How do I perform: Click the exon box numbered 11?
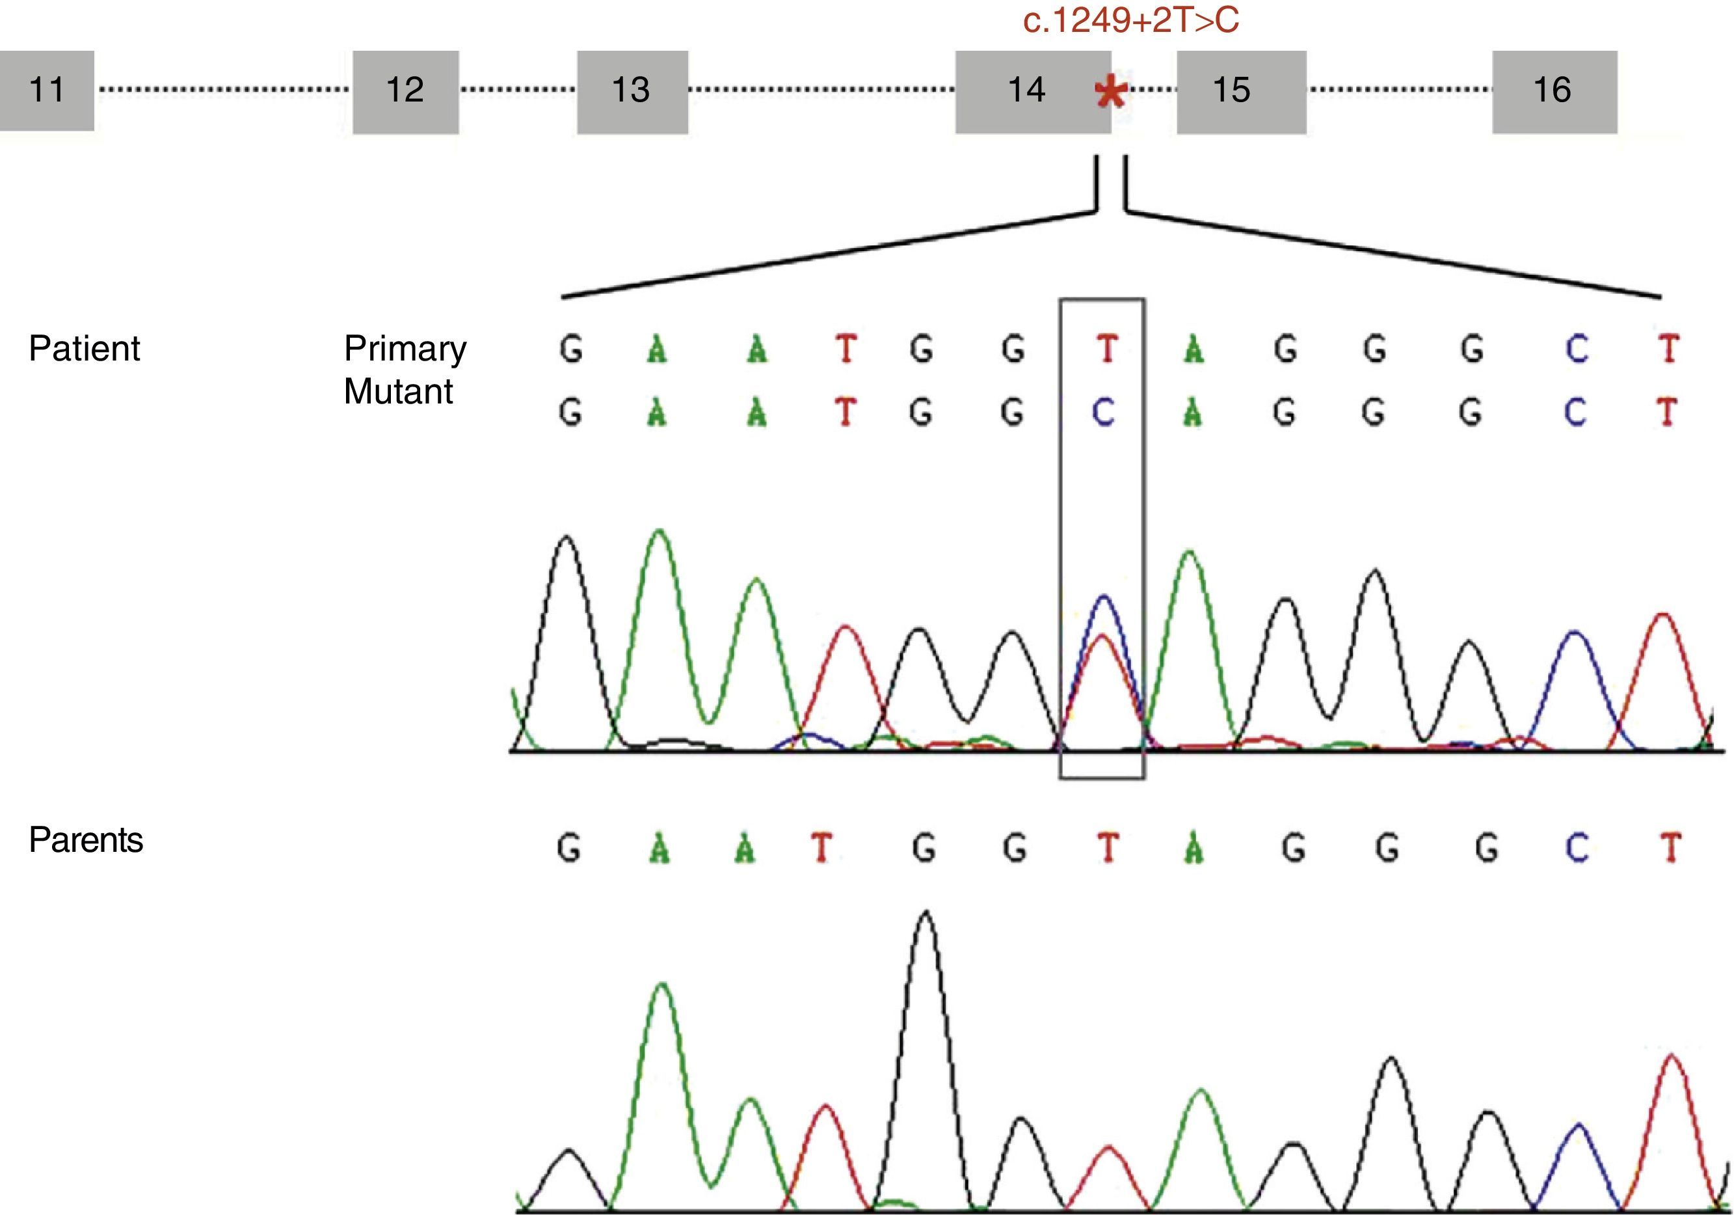click(47, 90)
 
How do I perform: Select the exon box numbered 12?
click(406, 92)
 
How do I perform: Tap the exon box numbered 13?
click(632, 92)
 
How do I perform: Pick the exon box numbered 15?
click(1241, 92)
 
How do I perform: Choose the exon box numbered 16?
click(1554, 92)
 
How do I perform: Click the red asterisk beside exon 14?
click(1110, 94)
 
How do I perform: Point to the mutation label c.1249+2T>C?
click(1130, 20)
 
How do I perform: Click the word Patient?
click(85, 349)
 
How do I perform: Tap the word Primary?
click(405, 349)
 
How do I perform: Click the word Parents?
click(86, 840)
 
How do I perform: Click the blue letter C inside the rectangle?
click(1103, 413)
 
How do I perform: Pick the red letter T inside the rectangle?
click(1106, 349)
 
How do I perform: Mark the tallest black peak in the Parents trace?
click(926, 914)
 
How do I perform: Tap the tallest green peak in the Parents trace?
click(662, 985)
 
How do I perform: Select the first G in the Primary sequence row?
click(571, 349)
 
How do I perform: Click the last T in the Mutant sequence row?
click(1667, 413)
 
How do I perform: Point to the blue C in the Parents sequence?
click(1576, 849)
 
